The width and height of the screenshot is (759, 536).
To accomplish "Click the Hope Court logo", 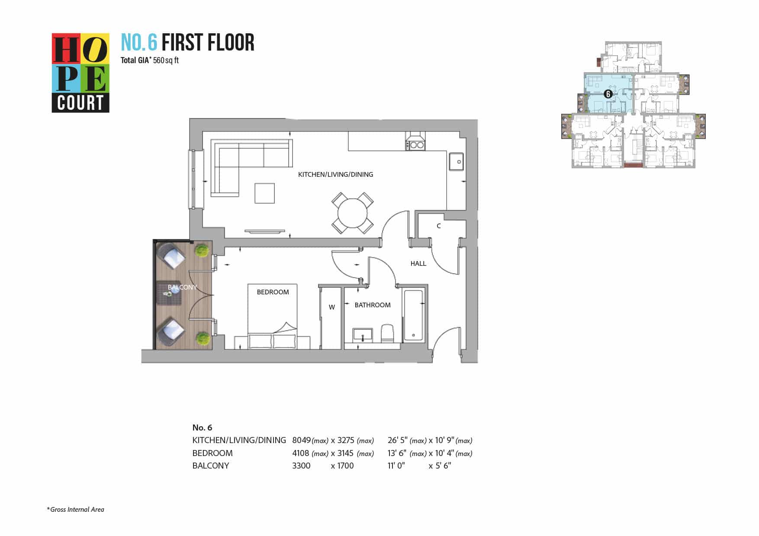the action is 80,73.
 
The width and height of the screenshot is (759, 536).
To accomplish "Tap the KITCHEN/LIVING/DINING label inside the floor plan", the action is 335,175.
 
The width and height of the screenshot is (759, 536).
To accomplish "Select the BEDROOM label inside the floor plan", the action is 273,292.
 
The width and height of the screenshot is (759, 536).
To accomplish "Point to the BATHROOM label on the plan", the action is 373,305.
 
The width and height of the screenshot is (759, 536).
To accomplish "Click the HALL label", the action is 418,264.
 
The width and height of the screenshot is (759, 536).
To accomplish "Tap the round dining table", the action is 353,213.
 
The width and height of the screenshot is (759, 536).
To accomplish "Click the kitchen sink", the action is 456,161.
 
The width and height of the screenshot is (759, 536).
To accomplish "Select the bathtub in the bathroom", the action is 413,315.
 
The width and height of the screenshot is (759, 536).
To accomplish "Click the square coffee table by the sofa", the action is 264,193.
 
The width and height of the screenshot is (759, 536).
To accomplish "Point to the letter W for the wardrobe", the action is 332,307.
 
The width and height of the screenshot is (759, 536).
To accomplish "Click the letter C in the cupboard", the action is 439,226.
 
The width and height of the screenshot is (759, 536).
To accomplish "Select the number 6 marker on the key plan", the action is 608,94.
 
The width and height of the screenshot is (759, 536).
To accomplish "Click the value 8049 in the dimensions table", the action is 302,440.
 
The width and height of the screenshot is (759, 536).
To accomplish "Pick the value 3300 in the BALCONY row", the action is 302,466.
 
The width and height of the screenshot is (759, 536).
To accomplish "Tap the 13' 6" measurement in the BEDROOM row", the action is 397,453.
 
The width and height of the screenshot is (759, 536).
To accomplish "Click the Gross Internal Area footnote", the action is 76,510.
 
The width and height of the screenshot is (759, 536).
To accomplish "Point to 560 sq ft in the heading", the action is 166,61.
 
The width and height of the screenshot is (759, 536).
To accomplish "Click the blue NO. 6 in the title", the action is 139,43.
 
